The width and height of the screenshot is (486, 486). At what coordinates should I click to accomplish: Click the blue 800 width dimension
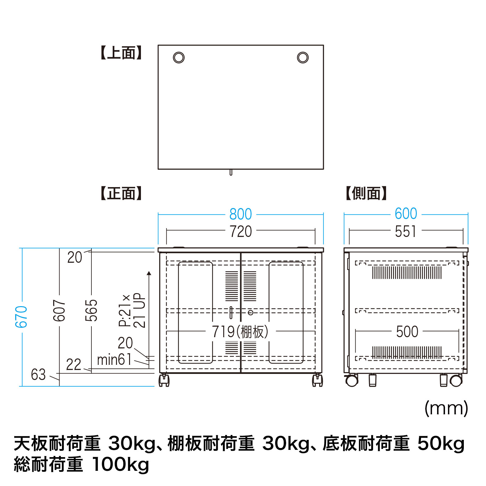coord(241,214)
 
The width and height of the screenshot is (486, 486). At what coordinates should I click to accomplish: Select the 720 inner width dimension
coord(241,231)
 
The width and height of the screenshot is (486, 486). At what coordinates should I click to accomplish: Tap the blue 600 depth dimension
coord(406,214)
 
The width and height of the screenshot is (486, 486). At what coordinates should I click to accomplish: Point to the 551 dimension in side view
coord(406,231)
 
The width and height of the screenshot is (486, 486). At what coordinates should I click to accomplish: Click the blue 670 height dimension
coord(21,317)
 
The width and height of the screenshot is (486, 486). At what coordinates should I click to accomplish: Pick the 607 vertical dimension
coord(59,310)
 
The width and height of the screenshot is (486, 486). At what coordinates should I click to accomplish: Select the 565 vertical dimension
coord(91,310)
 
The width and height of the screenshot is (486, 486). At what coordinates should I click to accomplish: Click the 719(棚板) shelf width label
coord(240,331)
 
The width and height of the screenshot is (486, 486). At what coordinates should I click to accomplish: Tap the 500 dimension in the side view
coord(407,332)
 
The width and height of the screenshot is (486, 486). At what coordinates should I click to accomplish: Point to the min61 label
coord(114,360)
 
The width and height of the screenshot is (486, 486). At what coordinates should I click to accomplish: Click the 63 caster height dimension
coord(38,375)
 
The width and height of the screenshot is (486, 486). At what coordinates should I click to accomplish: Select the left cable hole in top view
coord(179,57)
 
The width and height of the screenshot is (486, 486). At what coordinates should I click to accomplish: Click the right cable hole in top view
coord(303,57)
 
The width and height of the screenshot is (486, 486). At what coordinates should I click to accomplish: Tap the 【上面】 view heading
coord(121,53)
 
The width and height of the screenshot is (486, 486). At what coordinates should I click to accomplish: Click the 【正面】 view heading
coord(121,193)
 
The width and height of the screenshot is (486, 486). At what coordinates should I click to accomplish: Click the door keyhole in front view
coord(251,313)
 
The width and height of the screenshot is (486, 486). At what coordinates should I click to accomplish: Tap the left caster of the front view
coord(164,380)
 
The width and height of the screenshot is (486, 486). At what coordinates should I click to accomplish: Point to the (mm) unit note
coord(446,408)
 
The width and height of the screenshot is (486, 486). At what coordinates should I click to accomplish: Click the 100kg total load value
coord(121,465)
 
